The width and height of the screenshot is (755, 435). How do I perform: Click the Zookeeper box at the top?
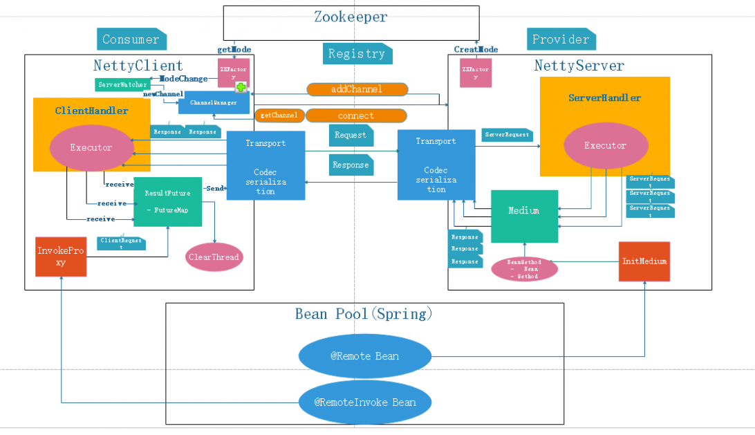tap(351, 22)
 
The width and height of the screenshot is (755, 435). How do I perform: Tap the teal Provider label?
tap(561, 39)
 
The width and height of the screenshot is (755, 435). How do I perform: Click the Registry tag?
tap(357, 53)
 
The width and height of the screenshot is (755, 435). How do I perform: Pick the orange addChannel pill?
tap(357, 89)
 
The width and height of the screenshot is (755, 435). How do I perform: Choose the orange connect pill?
tap(356, 115)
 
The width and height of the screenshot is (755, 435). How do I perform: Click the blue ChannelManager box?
tap(213, 103)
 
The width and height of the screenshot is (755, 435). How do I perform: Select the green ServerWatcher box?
tap(122, 84)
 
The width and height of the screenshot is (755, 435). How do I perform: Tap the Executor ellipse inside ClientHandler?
tap(90, 147)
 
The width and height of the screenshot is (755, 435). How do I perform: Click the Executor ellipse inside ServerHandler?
tap(606, 146)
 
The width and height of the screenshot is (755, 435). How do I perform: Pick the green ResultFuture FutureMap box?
tap(167, 201)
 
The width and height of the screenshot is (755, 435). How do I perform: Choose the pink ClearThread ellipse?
tap(214, 257)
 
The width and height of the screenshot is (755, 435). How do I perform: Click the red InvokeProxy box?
tap(62, 257)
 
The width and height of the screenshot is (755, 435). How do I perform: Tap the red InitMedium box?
tap(644, 261)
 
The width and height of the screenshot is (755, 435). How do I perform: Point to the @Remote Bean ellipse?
tap(364, 356)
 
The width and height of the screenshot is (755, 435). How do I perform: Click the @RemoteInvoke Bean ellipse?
tap(365, 402)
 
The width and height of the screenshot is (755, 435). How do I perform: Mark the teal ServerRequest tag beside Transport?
tap(507, 135)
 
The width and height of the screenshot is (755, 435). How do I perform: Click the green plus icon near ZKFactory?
tap(241, 87)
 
